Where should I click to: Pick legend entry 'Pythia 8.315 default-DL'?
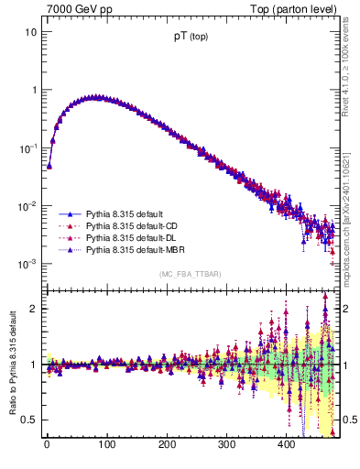[128, 236]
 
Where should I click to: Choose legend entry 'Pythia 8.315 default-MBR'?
[131, 248]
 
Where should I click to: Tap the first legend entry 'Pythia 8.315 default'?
[120, 213]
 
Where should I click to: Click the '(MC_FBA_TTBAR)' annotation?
[190, 274]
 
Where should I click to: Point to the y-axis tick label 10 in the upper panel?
[30, 32]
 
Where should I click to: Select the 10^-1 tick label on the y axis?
[28, 147]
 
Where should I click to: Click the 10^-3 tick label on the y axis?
[28, 264]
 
